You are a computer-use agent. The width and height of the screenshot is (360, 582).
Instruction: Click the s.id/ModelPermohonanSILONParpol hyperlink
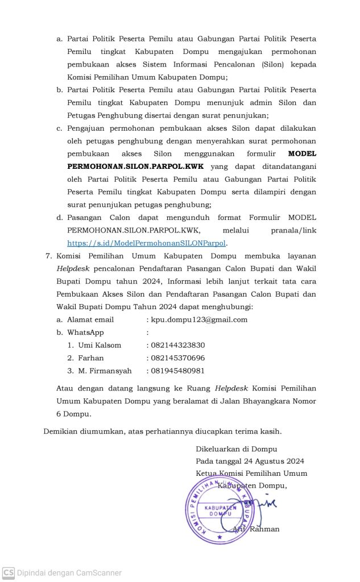coord(147,243)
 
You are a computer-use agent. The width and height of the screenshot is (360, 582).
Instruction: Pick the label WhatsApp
coord(85,332)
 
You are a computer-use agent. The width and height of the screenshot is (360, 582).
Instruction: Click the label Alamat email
coord(90,319)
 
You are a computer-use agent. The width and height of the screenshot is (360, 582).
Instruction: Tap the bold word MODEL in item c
coord(302,153)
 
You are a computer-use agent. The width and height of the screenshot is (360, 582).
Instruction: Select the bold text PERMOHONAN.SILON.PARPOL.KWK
coord(135,167)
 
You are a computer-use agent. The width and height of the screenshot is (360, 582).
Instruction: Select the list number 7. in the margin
coord(49,256)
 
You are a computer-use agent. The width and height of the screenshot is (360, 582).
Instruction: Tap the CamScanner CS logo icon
coord(8,572)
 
